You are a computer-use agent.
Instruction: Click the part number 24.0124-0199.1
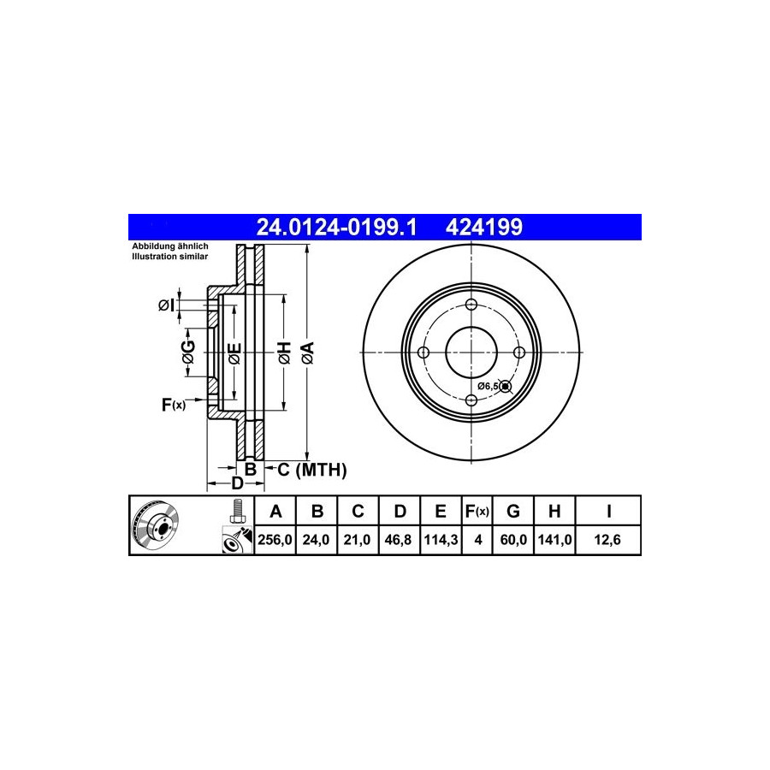pyautogui.click(x=336, y=228)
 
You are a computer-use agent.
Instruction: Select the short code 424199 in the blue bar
pyautogui.click(x=483, y=228)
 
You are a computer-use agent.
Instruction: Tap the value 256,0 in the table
pyautogui.click(x=275, y=540)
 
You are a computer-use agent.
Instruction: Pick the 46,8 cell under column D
pyautogui.click(x=398, y=540)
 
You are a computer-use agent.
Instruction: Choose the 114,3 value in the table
pyautogui.click(x=441, y=540)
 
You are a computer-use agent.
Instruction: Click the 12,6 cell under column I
pyautogui.click(x=607, y=540)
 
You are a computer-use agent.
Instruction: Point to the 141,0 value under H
pyautogui.click(x=554, y=540)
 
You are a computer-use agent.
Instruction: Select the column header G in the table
pyautogui.click(x=512, y=512)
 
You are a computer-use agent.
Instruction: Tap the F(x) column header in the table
pyautogui.click(x=477, y=512)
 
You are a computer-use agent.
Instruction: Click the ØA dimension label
pyautogui.click(x=308, y=353)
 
